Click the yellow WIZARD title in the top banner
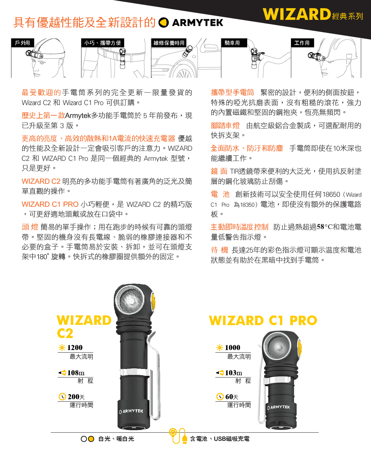click(297, 14)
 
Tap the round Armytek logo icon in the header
click(163, 22)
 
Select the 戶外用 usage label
click(22, 43)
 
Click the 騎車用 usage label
click(232, 43)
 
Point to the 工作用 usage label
click(302, 43)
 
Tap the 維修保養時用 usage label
click(169, 43)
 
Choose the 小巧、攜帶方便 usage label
click(102, 43)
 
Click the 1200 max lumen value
click(75, 348)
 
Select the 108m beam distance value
click(76, 373)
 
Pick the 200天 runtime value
click(76, 397)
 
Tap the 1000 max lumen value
click(232, 348)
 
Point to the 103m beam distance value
click(233, 373)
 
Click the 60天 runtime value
click(232, 397)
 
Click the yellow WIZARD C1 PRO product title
click(263, 320)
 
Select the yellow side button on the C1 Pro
click(299, 348)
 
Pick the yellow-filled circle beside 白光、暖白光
click(91, 439)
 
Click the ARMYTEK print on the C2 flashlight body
click(131, 411)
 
